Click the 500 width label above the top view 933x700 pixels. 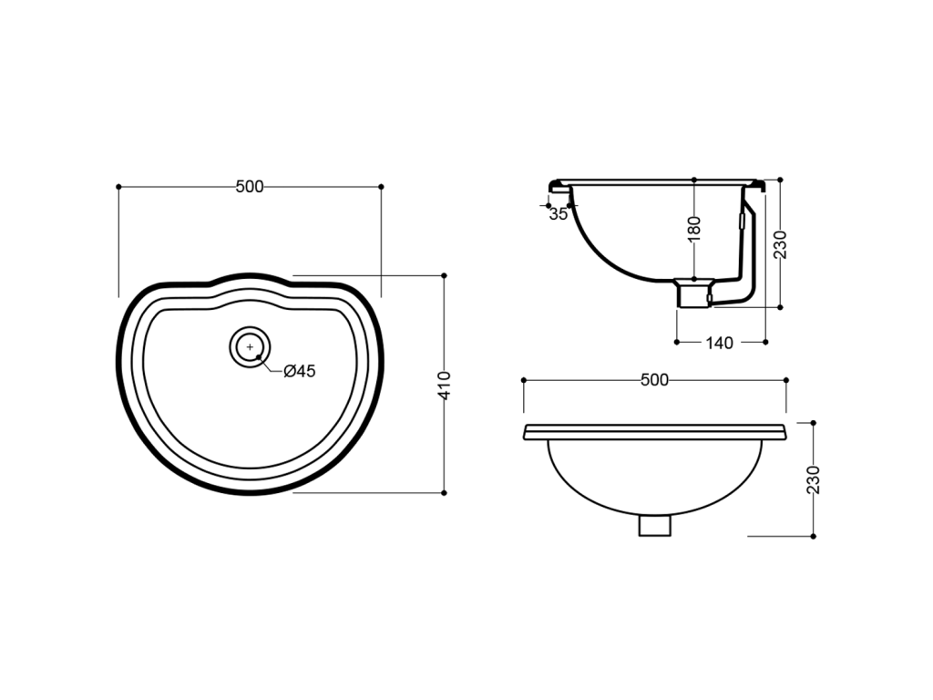pos(250,187)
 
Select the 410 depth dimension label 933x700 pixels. pos(445,386)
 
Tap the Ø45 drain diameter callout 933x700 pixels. pos(299,372)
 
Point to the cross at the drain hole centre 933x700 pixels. pos(250,346)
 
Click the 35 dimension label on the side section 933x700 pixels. pos(559,214)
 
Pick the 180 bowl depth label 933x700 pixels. pos(693,229)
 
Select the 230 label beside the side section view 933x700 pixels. pos(780,244)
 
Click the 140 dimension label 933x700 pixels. pos(720,343)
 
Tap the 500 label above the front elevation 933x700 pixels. pos(654,380)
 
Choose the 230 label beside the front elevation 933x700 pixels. pos(814,479)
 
